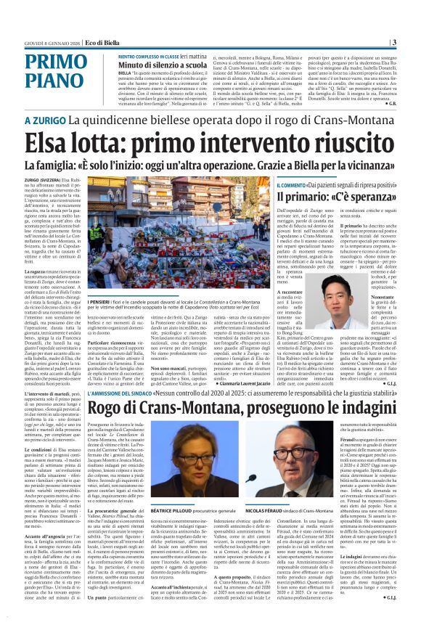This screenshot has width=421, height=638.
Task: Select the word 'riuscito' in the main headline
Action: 343,140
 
